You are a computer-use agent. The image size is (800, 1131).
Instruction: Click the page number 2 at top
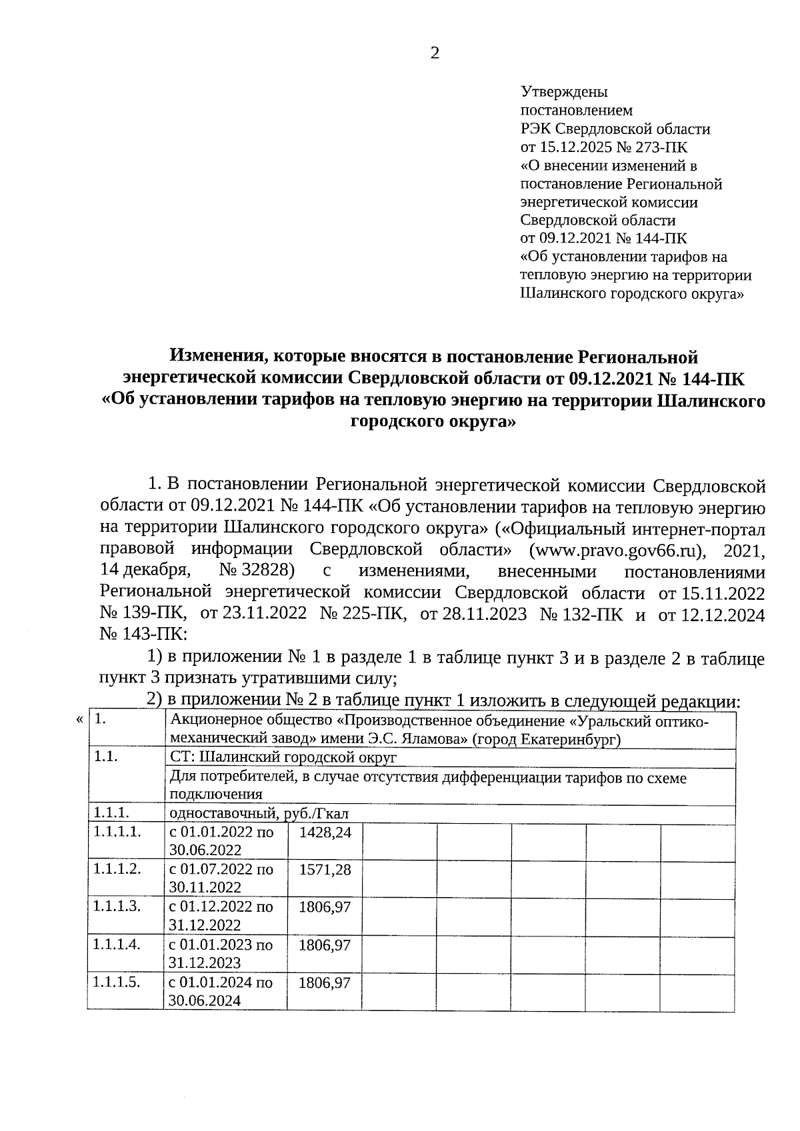click(435, 53)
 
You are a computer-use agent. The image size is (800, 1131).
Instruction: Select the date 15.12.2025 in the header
click(577, 147)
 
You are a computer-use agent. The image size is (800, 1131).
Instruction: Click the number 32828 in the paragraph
click(269, 570)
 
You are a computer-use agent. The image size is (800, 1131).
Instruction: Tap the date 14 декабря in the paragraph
click(145, 570)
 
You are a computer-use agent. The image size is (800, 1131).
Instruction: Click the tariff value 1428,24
click(325, 832)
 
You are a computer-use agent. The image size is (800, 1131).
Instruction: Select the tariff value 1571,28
click(325, 870)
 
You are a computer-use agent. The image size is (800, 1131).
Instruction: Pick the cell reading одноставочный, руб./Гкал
click(259, 813)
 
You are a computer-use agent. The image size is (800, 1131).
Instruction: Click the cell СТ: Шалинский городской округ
click(283, 758)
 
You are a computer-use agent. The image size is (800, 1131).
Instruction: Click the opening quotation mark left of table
click(80, 720)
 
